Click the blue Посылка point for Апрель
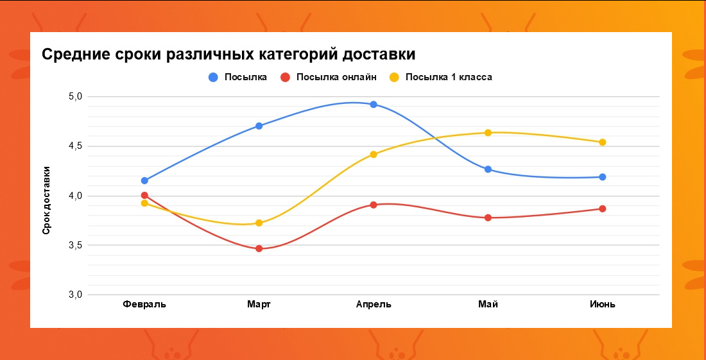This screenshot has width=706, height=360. point(374,105)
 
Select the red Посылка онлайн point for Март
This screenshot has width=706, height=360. point(259,248)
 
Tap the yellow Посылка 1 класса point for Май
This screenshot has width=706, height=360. point(488,133)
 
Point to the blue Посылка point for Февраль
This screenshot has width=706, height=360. point(144,181)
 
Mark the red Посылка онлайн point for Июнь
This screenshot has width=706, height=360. point(603,209)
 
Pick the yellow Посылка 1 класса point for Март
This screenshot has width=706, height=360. point(259,223)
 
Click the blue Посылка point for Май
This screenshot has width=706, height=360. point(488,169)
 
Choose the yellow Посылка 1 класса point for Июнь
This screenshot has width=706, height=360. point(603,142)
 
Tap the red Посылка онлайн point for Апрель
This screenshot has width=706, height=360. point(374,205)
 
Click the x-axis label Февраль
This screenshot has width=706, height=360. point(144,304)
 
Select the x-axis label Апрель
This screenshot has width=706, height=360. point(374,304)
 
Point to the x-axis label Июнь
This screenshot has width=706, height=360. point(603,304)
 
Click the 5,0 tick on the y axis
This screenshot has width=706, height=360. point(76,97)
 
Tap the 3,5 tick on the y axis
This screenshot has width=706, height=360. point(76,245)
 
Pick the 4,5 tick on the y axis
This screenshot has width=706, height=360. point(76,146)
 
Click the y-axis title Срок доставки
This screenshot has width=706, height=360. point(46,200)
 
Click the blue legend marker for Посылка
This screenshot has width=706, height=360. point(214,78)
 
